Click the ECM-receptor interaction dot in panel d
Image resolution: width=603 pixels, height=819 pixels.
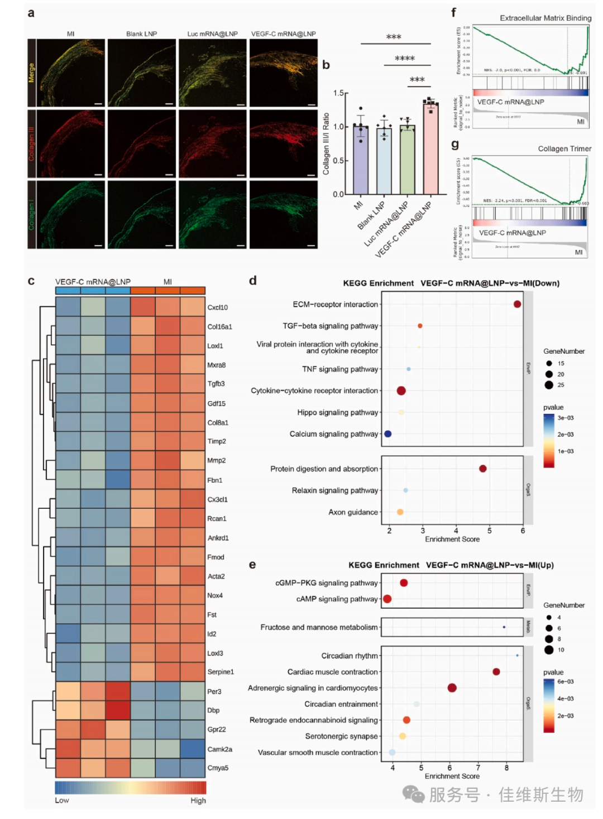click(517, 304)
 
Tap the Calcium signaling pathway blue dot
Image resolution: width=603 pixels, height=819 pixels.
click(388, 433)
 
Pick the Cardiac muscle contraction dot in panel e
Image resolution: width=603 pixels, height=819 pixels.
click(496, 672)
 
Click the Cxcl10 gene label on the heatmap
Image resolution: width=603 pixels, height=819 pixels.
click(218, 307)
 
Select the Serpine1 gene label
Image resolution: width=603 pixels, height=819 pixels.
click(221, 672)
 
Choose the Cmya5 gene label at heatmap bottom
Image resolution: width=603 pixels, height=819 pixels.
click(218, 768)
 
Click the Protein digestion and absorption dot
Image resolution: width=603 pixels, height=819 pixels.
click(482, 469)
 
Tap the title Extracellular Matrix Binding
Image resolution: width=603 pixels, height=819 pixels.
click(545, 18)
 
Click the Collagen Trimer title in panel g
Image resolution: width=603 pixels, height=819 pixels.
click(564, 149)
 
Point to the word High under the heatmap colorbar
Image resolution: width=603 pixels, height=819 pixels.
click(198, 801)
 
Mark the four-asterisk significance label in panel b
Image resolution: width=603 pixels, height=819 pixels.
click(405, 59)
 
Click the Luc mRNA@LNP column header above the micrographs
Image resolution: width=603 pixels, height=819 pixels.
click(212, 34)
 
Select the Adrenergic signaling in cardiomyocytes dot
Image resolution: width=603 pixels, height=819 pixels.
click(452, 688)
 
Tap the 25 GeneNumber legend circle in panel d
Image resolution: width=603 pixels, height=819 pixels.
click(549, 385)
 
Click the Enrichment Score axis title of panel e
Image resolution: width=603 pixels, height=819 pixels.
click(452, 776)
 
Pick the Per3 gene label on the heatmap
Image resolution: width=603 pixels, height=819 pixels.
click(214, 692)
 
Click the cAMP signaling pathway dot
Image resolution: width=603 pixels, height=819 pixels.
click(387, 599)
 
